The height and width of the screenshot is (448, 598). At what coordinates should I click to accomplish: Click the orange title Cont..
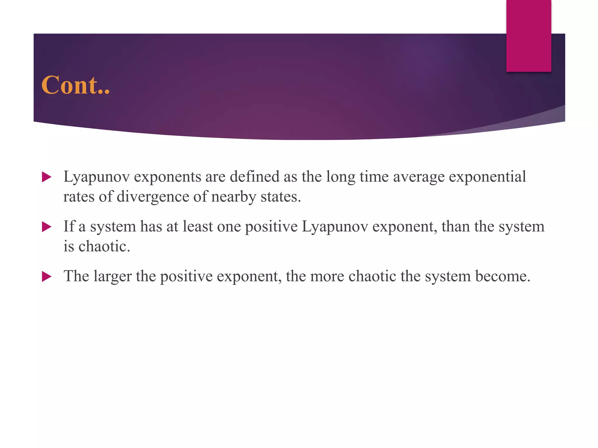coord(75,85)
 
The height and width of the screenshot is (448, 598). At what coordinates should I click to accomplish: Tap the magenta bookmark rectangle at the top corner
coord(529,36)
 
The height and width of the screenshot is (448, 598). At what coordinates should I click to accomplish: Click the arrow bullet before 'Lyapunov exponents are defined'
coord(46,177)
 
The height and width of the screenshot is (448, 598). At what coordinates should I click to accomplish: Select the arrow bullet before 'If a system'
coord(46,227)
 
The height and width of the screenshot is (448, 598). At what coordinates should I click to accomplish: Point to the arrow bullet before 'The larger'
coord(46,276)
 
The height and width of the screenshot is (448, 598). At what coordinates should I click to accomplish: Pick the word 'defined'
coord(254,176)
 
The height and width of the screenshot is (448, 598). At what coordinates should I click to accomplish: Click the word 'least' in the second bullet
coord(198,226)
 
